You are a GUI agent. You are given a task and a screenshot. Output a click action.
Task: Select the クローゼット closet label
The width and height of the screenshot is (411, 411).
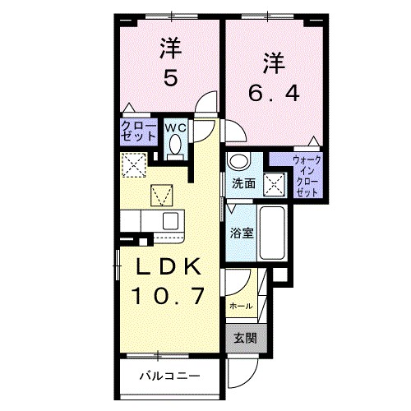coord(135,132)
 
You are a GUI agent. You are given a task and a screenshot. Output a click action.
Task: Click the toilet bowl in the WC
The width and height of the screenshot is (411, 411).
coord(174,145)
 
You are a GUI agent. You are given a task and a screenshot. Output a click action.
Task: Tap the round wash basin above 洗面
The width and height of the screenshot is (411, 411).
coord(238,161)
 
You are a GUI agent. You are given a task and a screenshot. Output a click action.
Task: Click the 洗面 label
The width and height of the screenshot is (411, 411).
coord(242,182)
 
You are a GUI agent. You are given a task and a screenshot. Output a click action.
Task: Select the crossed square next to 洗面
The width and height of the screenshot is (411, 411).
coord(274,182)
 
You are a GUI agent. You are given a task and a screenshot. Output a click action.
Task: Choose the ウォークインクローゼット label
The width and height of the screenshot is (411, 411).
coord(308,174)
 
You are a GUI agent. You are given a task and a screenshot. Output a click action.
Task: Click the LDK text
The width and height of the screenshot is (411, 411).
coord(169,267)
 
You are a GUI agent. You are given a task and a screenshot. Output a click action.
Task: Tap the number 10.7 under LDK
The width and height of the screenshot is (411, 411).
coord(169,293)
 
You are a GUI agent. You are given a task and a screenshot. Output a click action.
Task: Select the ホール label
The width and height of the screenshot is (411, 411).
coord(239,306)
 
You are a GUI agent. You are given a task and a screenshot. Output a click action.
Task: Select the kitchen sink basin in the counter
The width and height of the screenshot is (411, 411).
coord(170,219)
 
